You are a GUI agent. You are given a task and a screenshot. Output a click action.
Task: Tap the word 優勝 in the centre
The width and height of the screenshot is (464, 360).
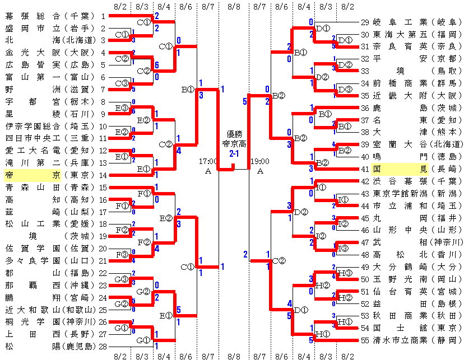pyautogui.click(x=234, y=134)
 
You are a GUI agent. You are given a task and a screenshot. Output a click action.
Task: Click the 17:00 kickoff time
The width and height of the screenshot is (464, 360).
pyautogui.click(x=208, y=161)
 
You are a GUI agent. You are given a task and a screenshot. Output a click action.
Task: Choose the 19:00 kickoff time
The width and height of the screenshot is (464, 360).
pyautogui.click(x=260, y=161)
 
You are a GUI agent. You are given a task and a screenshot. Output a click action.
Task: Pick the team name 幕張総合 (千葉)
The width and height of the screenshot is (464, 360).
pyautogui.click(x=50, y=16)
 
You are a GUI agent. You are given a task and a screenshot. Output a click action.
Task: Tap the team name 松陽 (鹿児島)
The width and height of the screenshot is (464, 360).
pyautogui.click(x=50, y=346)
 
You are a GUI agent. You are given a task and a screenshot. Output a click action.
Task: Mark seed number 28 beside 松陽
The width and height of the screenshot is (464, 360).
pyautogui.click(x=102, y=346)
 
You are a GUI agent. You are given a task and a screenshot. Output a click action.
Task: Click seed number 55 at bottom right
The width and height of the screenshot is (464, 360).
pyautogui.click(x=365, y=340)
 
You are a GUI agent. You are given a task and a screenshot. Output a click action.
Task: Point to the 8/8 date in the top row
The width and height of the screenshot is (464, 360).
pyautogui.click(x=234, y=6)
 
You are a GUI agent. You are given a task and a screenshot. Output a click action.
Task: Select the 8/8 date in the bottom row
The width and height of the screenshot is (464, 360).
pyautogui.click(x=234, y=356)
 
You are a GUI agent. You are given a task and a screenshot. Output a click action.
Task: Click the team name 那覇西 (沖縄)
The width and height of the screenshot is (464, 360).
pyautogui.click(x=50, y=285)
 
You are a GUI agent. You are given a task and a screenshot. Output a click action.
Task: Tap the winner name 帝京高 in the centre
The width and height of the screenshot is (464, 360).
pyautogui.click(x=234, y=143)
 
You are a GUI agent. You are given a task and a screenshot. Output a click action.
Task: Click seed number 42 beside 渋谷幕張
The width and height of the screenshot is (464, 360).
pyautogui.click(x=365, y=181)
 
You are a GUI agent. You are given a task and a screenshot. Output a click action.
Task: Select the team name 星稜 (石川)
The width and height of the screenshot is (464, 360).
pyautogui.click(x=50, y=114)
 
